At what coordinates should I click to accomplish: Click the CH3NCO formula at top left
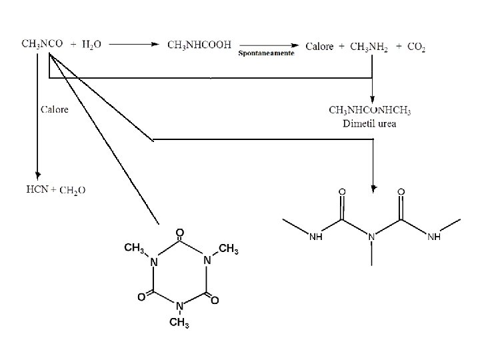point(43,44)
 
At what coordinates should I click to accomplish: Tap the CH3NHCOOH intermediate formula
point(199,45)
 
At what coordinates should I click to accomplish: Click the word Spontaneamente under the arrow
point(266,53)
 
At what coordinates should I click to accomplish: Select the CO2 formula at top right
point(416,46)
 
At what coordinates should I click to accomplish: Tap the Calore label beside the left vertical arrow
point(54,109)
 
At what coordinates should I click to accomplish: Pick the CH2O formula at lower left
point(73,191)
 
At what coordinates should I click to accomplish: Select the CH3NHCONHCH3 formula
point(370,110)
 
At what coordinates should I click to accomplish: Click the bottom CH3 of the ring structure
point(179,324)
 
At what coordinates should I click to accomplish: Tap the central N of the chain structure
point(372,236)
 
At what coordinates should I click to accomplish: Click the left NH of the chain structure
point(316,236)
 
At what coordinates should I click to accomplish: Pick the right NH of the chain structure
point(433,236)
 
